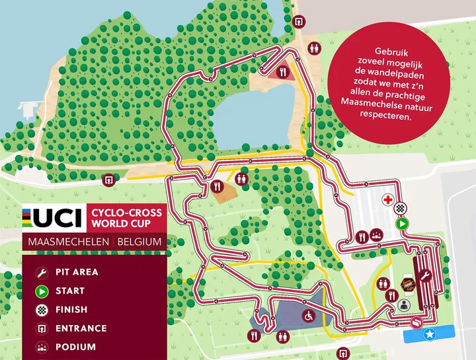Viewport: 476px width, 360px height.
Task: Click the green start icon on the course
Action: pyautogui.click(x=401, y=224)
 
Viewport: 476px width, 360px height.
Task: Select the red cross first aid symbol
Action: pyautogui.click(x=388, y=199)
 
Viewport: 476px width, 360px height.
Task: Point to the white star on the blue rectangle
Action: pyautogui.click(x=430, y=335)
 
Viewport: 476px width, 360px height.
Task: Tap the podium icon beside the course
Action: pyautogui.click(x=376, y=236)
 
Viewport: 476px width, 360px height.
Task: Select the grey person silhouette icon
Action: pyautogui.click(x=404, y=305)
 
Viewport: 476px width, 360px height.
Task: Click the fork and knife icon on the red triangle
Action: pyautogui.click(x=283, y=73)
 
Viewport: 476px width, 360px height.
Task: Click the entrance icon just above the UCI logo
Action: pyautogui.click(x=110, y=179)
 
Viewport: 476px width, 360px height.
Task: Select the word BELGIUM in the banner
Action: pyautogui.click(x=139, y=241)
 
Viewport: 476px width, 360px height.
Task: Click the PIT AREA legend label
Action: pyautogui.click(x=77, y=272)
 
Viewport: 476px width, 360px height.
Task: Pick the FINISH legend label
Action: pyautogui.click(x=71, y=309)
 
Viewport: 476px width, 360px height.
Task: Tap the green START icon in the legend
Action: pyautogui.click(x=41, y=291)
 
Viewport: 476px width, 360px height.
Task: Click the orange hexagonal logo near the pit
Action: pyautogui.click(x=407, y=283)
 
